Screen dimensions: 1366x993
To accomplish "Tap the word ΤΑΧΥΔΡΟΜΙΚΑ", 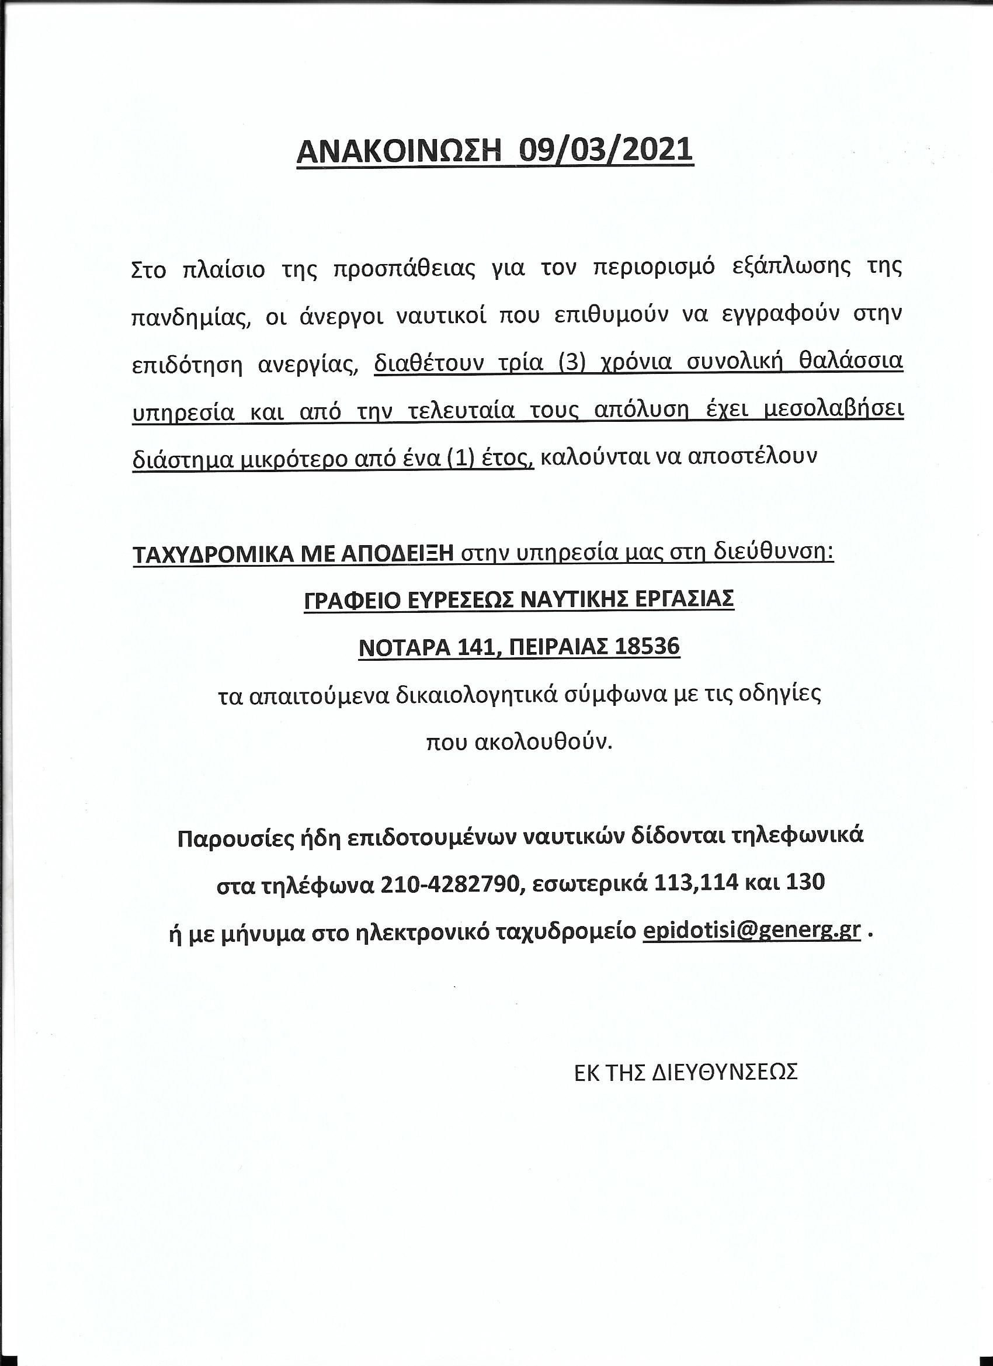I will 212,553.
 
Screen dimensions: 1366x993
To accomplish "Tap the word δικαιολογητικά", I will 478,695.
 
